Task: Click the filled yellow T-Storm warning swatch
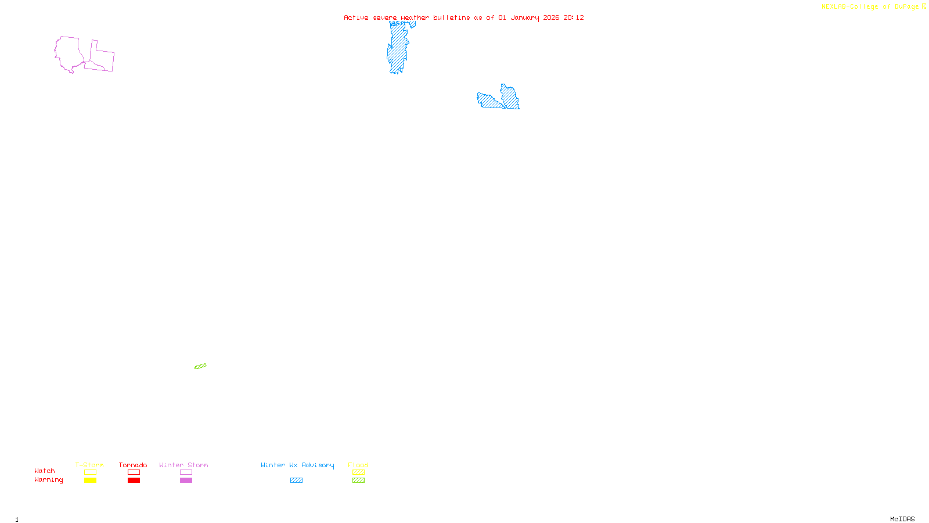click(90, 481)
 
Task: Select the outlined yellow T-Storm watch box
click(90, 472)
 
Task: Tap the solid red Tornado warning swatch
click(134, 481)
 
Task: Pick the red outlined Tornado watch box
click(134, 472)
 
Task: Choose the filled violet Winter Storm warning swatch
click(186, 481)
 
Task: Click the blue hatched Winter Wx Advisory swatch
click(296, 481)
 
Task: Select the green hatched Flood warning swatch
click(358, 481)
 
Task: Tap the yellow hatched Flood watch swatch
click(358, 472)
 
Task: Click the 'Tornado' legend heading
click(133, 465)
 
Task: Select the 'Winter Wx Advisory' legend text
click(297, 465)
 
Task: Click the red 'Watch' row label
click(45, 471)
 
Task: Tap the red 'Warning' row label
click(49, 480)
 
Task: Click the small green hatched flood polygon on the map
click(200, 366)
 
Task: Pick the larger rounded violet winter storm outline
click(68, 53)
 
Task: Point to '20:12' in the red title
click(574, 17)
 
